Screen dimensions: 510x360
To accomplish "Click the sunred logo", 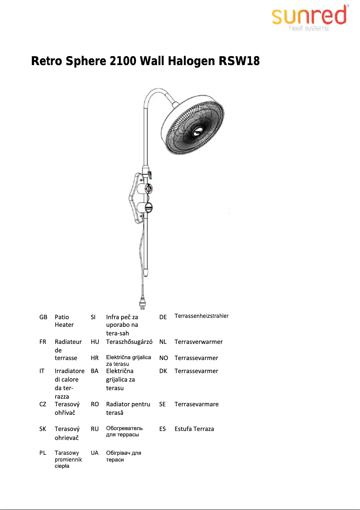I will coord(309,18).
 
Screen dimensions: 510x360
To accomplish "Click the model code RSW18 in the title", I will coord(239,61).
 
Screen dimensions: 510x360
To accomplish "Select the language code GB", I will coord(43,317).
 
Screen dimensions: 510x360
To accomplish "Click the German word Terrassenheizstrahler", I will coord(202,316).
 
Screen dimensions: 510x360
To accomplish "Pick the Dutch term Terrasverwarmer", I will coord(198,342).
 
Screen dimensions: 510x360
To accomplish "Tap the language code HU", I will coord(95,342).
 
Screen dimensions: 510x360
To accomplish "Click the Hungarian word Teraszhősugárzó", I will coord(129,342).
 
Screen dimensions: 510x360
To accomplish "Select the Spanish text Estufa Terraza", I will coord(194,429).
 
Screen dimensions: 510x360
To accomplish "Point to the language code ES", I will coord(162,429).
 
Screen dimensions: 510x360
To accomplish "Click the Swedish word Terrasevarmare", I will coord(197,404).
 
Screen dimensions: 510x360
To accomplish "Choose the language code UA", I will coord(95,453).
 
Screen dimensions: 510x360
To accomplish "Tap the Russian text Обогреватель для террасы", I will coord(124,431).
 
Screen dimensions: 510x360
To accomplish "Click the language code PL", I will coord(43,453).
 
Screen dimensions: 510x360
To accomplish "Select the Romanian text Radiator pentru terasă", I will coord(128,408).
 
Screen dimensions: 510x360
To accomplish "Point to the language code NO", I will coord(163,358).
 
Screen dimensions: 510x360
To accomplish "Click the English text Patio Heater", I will coord(64,321).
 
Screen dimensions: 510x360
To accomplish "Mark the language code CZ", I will coord(43,404).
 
